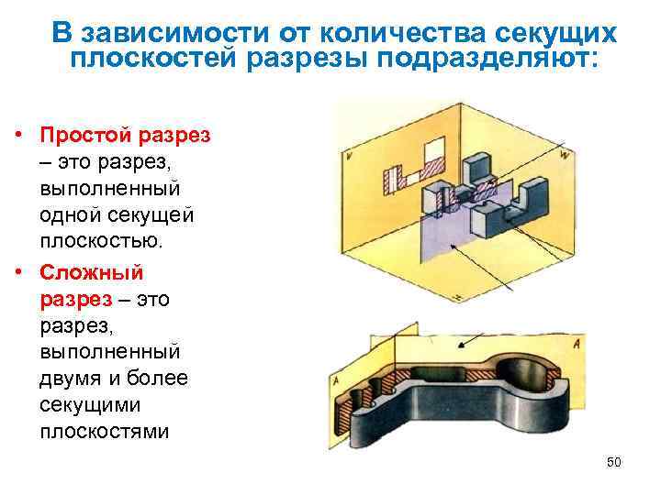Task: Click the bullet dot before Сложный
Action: [x=18, y=272]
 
